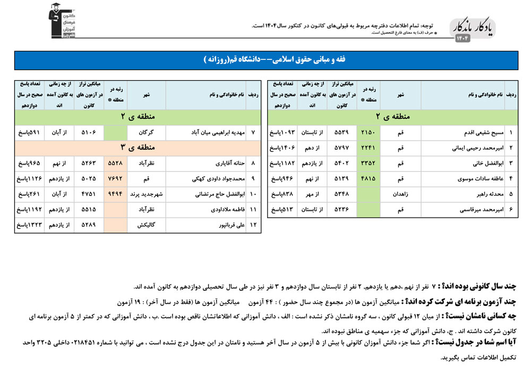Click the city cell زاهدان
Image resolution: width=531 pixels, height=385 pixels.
click(401, 194)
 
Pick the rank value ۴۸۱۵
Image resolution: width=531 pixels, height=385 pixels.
click(368, 179)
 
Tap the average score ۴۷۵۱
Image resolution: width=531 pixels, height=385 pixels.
click(88, 194)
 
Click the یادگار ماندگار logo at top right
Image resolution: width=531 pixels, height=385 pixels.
click(472, 31)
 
